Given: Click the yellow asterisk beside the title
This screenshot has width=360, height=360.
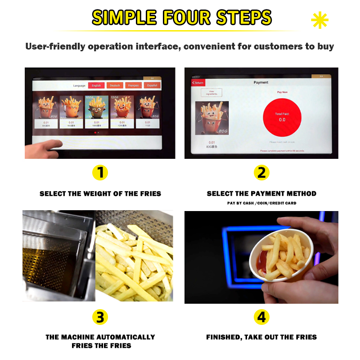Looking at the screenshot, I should pyautogui.click(x=319, y=20).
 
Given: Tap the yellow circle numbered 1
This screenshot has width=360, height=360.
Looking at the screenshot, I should pyautogui.click(x=100, y=172).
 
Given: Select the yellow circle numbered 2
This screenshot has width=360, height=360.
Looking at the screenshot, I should pyautogui.click(x=261, y=172).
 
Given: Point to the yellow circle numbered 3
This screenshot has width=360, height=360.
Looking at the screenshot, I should pyautogui.click(x=100, y=317).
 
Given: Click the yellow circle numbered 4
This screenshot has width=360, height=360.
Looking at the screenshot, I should pyautogui.click(x=261, y=317).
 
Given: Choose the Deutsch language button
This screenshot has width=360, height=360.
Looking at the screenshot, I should pyautogui.click(x=115, y=85).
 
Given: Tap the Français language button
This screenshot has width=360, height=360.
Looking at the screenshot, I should pyautogui.click(x=134, y=85).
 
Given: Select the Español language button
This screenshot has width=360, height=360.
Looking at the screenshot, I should pyautogui.click(x=153, y=85).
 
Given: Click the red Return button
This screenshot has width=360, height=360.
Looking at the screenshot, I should pyautogui.click(x=198, y=83).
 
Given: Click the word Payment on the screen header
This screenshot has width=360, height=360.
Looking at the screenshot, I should pyautogui.click(x=261, y=82).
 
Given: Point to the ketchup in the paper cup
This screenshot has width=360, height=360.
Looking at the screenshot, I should pyautogui.click(x=262, y=260).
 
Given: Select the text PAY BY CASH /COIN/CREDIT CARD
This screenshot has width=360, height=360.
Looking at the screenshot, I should pyautogui.click(x=261, y=203).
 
